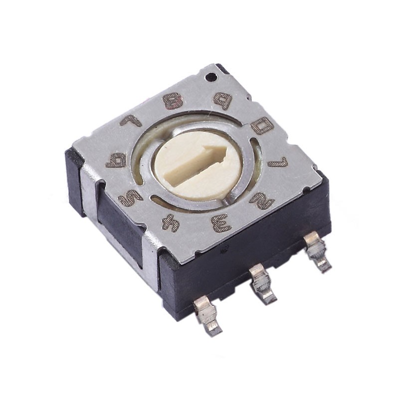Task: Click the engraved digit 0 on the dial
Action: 262,126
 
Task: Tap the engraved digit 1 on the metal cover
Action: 278,162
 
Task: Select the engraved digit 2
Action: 261,200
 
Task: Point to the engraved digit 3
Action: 221,223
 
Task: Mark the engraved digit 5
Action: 130,198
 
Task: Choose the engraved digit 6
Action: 116,160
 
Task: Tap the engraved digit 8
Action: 173,101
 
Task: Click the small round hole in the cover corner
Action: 211,77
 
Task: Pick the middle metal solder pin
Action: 262,283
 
